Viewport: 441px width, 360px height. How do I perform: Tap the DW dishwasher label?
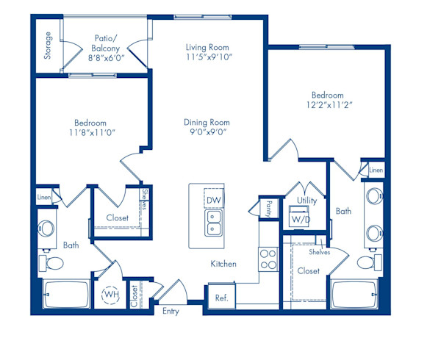(x=213, y=201)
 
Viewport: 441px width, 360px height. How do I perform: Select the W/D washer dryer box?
(x=301, y=220)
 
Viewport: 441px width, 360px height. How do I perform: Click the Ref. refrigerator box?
(x=220, y=298)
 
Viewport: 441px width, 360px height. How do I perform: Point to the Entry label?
(x=171, y=311)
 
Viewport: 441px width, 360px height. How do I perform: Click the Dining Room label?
(x=207, y=123)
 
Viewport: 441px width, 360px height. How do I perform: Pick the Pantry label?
(x=269, y=209)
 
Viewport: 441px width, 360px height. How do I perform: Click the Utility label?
(x=306, y=200)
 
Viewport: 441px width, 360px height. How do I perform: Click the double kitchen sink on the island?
(x=213, y=228)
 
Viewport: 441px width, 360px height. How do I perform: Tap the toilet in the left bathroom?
(x=49, y=263)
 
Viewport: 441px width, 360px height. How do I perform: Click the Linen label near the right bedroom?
(x=376, y=170)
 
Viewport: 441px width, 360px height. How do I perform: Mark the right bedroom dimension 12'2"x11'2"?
(x=327, y=106)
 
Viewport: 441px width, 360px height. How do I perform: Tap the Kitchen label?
(x=223, y=263)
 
